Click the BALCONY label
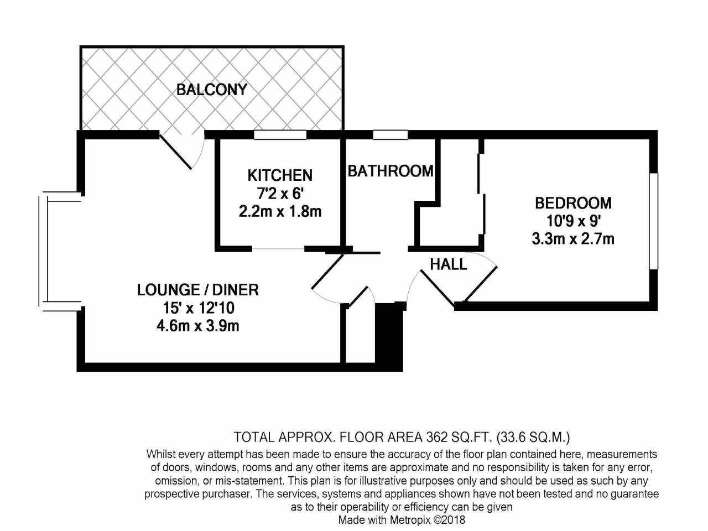(212, 90)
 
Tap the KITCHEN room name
(280, 175)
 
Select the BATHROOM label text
(391, 171)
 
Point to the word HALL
(449, 264)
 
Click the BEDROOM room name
(573, 203)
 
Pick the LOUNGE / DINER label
(197, 290)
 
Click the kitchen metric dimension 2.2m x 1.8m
(280, 212)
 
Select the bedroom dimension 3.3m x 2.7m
(573, 239)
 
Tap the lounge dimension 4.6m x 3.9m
(197, 326)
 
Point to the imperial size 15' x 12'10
(199, 308)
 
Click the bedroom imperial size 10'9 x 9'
(573, 221)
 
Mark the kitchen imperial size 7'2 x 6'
(280, 194)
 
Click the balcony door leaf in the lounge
(175, 152)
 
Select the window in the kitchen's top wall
(280, 135)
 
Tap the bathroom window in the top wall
(391, 135)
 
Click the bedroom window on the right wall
(653, 221)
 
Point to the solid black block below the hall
(389, 337)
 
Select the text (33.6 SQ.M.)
(534, 438)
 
